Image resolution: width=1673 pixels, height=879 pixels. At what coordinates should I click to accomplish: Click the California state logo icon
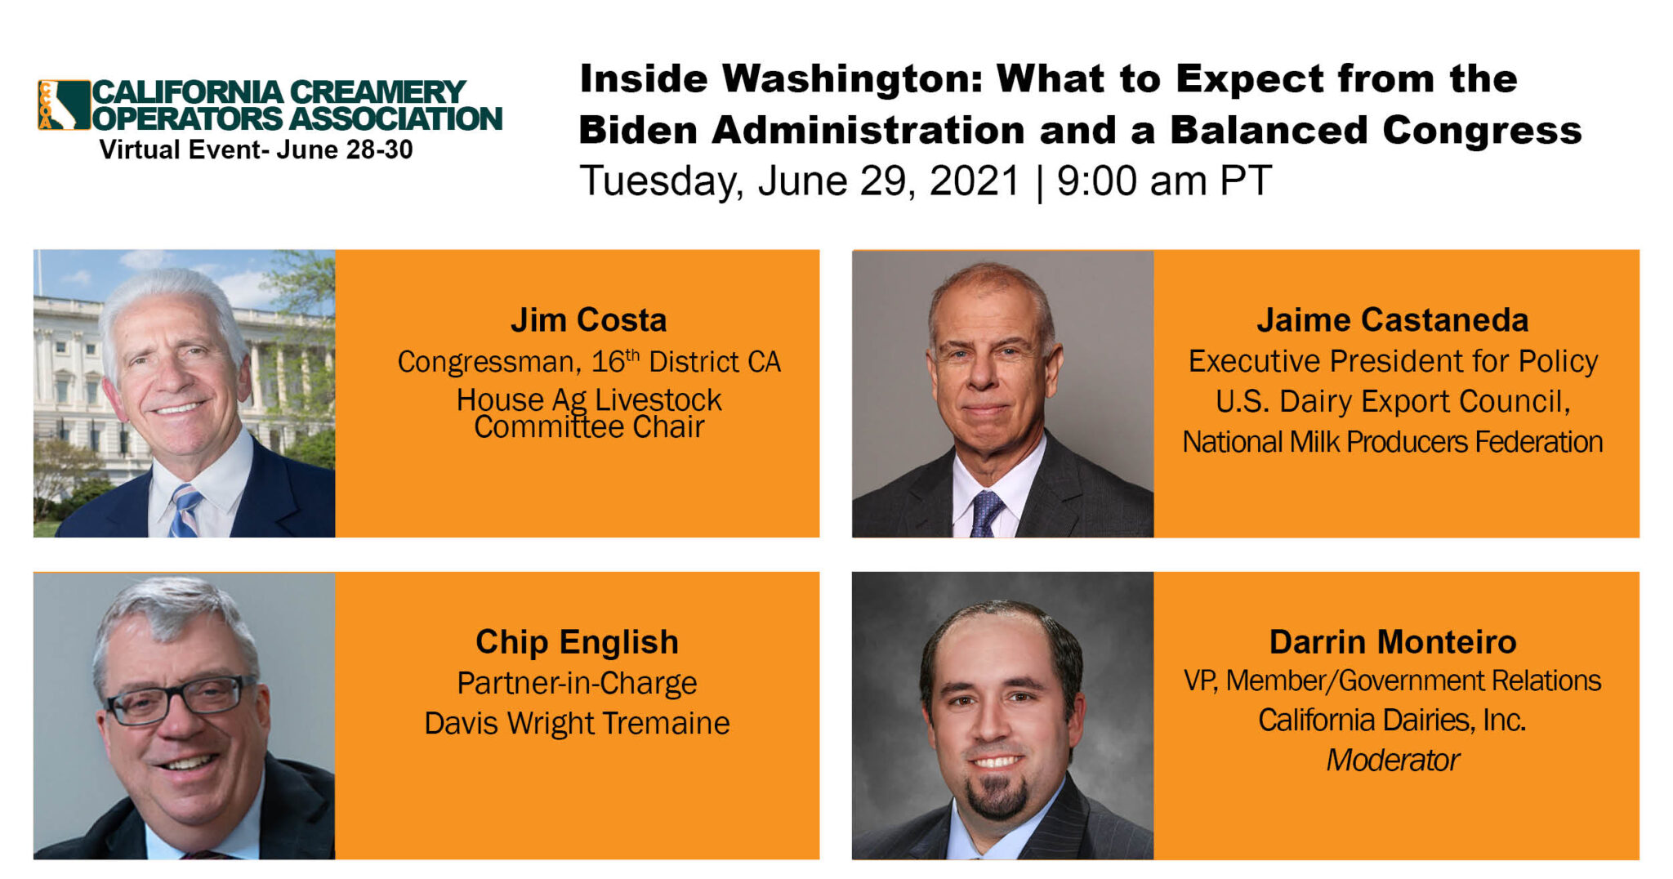coord(63,105)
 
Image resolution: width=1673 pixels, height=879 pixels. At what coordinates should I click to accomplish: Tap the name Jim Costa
coord(588,319)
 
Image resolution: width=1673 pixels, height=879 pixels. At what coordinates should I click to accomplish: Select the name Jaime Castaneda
coord(1392,319)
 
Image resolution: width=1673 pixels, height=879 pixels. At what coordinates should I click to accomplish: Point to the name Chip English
coord(577,642)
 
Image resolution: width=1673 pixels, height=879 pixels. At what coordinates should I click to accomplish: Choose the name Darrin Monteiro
coord(1392,642)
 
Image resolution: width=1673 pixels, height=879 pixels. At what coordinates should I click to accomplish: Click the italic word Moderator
coord(1392,760)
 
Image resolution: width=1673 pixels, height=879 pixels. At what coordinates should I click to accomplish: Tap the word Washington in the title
coord(852,80)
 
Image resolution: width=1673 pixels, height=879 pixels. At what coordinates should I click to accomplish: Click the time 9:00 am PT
coord(1163,181)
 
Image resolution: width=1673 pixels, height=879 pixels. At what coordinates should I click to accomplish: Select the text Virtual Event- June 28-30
coord(256,149)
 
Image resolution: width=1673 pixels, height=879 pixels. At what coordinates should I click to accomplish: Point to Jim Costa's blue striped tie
coord(185,511)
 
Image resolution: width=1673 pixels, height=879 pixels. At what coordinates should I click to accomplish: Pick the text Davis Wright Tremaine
coord(577,723)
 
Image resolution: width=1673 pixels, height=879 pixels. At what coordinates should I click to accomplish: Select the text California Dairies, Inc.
coord(1392,720)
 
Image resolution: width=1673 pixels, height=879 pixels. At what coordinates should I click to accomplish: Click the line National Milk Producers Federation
coord(1392,442)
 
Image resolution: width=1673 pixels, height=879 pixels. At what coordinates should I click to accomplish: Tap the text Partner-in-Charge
coord(577,683)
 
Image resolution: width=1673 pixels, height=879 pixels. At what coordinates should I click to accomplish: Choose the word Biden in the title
coord(638,131)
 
